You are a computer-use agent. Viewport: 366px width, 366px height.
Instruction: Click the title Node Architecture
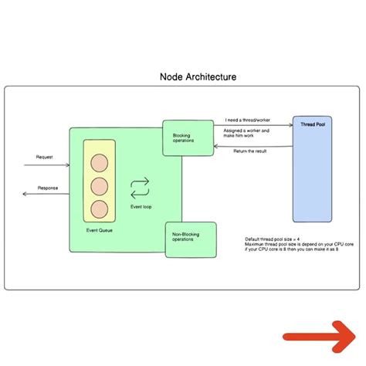pyautogui.click(x=198, y=77)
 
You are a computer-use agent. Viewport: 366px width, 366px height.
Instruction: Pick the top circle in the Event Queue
pyautogui.click(x=99, y=164)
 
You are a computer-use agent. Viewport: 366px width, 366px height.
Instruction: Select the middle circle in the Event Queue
pyautogui.click(x=99, y=187)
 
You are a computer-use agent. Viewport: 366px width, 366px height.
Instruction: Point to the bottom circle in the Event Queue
pyautogui.click(x=99, y=209)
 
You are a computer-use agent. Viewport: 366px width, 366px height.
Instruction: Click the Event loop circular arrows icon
pyautogui.click(x=140, y=187)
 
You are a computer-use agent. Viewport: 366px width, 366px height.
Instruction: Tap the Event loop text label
pyautogui.click(x=140, y=207)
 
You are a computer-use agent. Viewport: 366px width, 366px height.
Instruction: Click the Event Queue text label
pyautogui.click(x=98, y=229)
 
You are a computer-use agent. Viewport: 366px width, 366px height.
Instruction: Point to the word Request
pyautogui.click(x=45, y=157)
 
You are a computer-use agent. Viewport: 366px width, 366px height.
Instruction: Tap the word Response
pyautogui.click(x=48, y=188)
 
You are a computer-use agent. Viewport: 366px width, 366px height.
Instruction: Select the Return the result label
pyautogui.click(x=249, y=151)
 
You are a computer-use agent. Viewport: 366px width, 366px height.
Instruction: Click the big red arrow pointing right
pyautogui.click(x=319, y=334)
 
